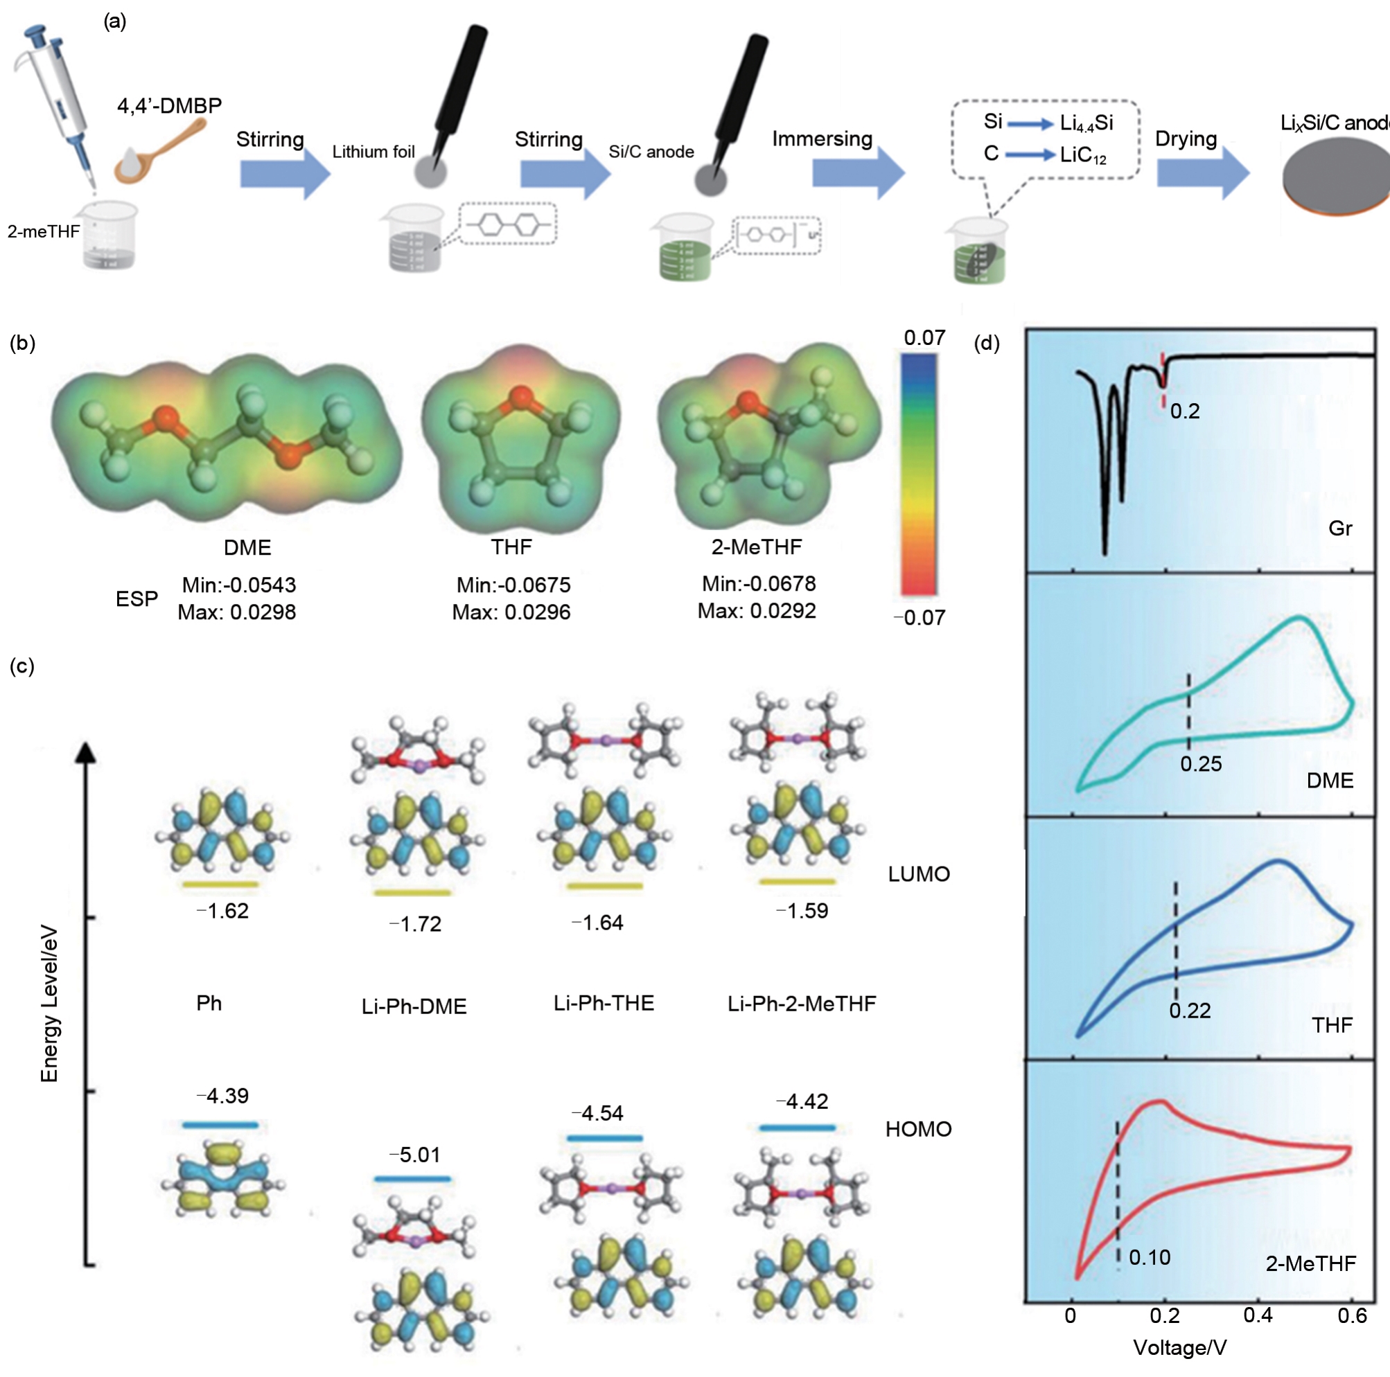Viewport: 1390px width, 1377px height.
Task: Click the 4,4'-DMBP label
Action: click(x=169, y=106)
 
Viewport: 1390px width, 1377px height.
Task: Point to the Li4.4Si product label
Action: click(x=1087, y=124)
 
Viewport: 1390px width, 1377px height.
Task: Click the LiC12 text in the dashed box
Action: click(x=1083, y=155)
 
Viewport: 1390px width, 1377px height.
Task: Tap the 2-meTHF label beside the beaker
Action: click(x=43, y=231)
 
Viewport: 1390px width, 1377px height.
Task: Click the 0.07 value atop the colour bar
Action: click(x=924, y=338)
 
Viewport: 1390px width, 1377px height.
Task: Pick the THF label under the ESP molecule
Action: click(x=511, y=547)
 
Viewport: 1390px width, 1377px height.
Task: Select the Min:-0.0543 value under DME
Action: click(x=239, y=585)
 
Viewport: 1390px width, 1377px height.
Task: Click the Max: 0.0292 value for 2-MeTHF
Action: click(x=757, y=611)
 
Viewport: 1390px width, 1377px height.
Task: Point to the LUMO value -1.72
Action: click(x=415, y=924)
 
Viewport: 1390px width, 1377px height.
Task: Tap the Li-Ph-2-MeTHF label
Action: click(x=802, y=1003)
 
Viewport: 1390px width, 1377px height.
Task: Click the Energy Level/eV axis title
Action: click(x=49, y=1003)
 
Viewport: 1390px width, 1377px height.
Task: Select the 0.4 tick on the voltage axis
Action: click(x=1258, y=1316)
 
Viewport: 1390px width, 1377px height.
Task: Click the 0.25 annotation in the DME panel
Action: click(x=1201, y=763)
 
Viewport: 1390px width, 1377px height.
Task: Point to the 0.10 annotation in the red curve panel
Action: click(x=1149, y=1258)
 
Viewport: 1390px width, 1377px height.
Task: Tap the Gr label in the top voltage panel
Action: click(x=1339, y=528)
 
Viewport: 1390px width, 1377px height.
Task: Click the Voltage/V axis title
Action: click(x=1180, y=1347)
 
